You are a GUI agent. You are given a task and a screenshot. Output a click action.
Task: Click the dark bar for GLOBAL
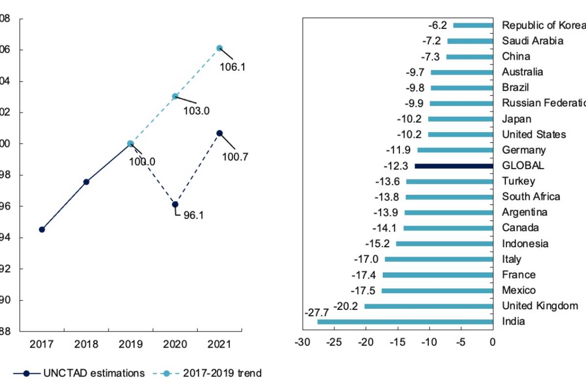pyautogui.click(x=454, y=166)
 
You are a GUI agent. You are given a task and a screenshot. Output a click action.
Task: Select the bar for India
pyautogui.click(x=405, y=322)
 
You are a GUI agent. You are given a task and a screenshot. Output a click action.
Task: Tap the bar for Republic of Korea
pyautogui.click(x=473, y=25)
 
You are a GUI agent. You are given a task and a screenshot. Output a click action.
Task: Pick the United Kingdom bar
pyautogui.click(x=429, y=306)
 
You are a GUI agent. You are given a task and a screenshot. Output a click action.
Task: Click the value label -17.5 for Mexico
pyautogui.click(x=364, y=290)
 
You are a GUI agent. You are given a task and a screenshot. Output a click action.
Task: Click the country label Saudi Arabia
pyautogui.click(x=532, y=41)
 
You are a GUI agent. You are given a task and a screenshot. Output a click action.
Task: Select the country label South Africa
pyautogui.click(x=531, y=196)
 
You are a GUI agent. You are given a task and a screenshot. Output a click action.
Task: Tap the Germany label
pyautogui.click(x=523, y=150)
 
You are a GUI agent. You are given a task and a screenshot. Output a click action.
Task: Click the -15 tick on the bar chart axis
pyautogui.click(x=398, y=342)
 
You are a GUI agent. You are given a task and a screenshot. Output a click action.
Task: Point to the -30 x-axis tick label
pyautogui.click(x=302, y=342)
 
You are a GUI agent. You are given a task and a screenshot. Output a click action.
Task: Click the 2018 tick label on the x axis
pyautogui.click(x=86, y=345)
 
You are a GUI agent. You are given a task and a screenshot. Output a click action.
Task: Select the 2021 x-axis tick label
pyautogui.click(x=219, y=345)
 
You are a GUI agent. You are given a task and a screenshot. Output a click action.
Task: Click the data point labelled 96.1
pyautogui.click(x=175, y=204)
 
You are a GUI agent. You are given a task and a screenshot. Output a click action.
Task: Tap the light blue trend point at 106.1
pyautogui.click(x=219, y=48)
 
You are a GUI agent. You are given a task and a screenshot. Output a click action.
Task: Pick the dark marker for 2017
pyautogui.click(x=42, y=229)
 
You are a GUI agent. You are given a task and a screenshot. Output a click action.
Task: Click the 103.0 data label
pyautogui.click(x=196, y=111)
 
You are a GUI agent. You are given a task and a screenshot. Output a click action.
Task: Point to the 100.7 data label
pyautogui.click(x=235, y=157)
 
